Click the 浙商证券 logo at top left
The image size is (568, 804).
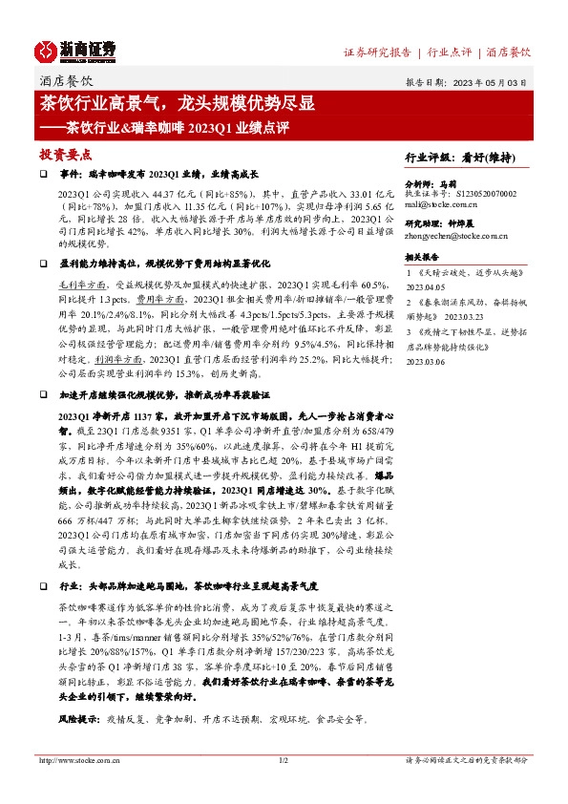pyautogui.click(x=75, y=50)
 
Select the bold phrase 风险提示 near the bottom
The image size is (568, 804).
pyautogui.click(x=77, y=718)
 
